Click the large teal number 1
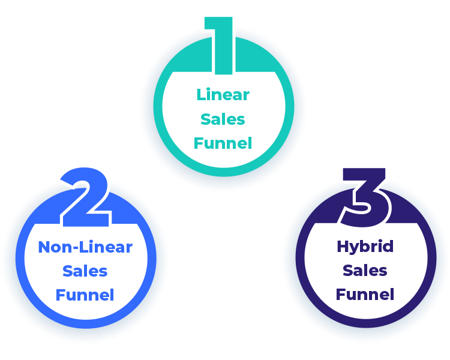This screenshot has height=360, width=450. pos(223,45)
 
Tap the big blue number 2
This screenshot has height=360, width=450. pos(86,198)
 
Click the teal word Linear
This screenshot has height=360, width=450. pos(223,94)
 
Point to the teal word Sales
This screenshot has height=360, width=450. pos(223,119)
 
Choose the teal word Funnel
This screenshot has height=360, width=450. pos(223,143)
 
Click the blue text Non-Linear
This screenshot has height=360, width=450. pos(85,247)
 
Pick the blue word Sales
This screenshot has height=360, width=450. pos(85,271)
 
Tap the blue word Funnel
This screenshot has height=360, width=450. pos(85,295)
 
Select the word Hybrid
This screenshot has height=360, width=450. pos(365,246)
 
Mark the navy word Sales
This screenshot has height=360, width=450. pos(365,271)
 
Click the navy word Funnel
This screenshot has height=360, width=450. pos(365,295)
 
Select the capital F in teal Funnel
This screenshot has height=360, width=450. pos(198,143)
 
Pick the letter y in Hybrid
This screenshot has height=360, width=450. pos(355,248)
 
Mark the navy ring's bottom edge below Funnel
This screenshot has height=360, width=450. pos(365,323)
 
